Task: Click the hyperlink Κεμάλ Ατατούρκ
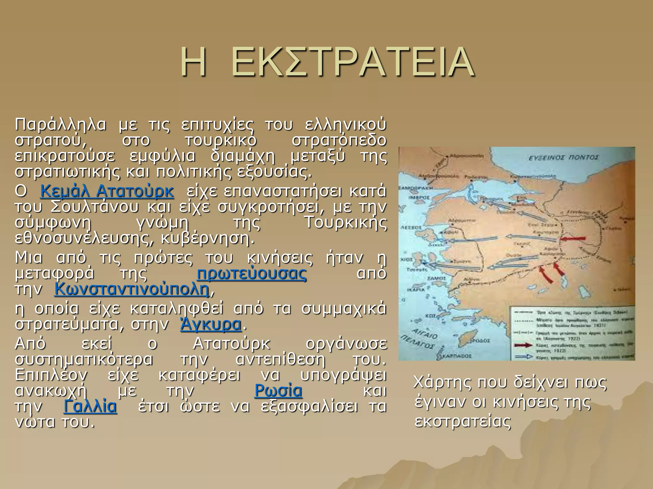107,191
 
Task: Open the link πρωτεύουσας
252,274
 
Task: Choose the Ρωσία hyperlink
278,391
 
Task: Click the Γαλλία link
90,407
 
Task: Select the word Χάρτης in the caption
442,382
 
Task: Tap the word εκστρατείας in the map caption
463,421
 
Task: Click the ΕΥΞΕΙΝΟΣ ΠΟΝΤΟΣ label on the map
563,157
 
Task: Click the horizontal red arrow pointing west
573,238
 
